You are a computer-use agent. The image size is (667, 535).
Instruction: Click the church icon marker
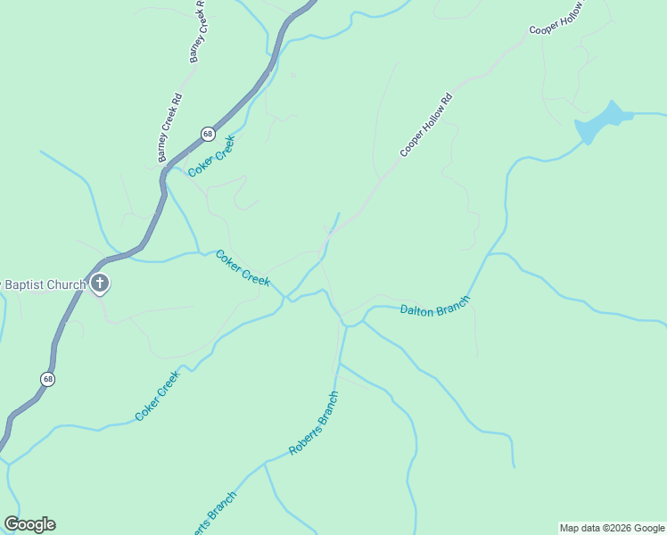[x=100, y=284]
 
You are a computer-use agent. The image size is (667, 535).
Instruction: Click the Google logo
[x=29, y=524]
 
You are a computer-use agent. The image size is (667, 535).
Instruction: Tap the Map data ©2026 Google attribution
[x=612, y=528]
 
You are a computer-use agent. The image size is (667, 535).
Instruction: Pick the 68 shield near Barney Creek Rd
[x=207, y=134]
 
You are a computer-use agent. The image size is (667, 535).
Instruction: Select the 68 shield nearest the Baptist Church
[x=48, y=379]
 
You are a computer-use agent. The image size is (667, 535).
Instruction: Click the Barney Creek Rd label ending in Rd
[x=169, y=128]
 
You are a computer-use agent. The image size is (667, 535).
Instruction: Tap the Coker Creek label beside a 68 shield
[x=211, y=155]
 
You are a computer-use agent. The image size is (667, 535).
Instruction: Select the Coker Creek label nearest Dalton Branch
[x=243, y=267]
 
